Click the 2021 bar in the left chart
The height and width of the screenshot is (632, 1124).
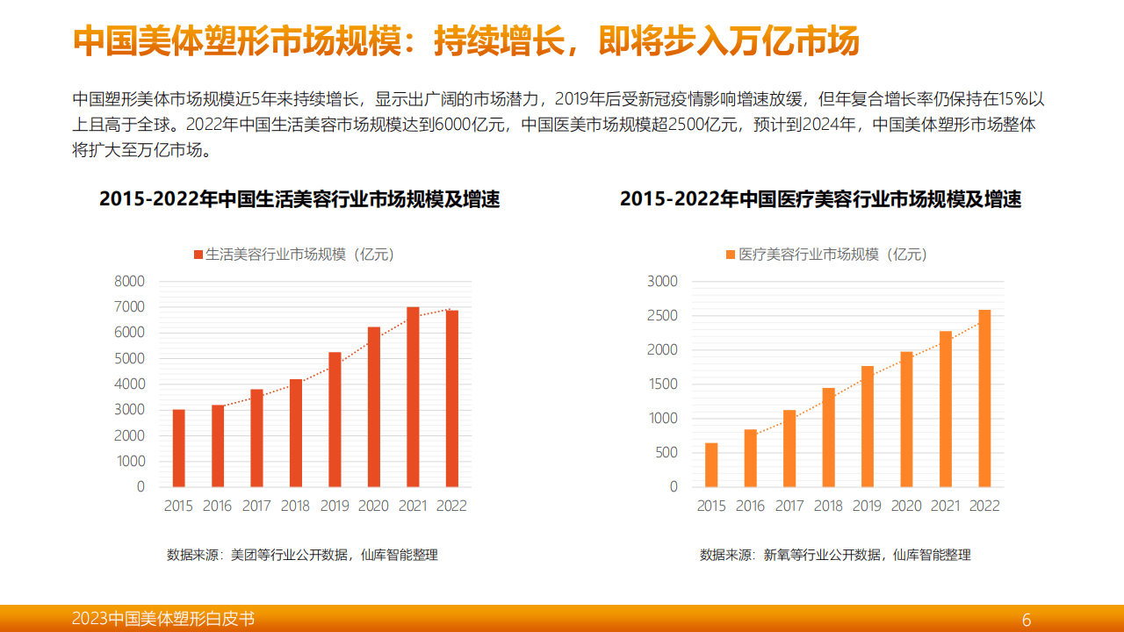413,397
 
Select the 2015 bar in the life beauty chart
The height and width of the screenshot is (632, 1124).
178,448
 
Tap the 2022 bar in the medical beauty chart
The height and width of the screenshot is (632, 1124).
984,398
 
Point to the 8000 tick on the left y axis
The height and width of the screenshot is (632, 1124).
129,282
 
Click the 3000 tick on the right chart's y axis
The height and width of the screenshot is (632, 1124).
662,282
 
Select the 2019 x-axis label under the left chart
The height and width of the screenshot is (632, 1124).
335,506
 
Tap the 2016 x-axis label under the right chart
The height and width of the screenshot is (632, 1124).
750,506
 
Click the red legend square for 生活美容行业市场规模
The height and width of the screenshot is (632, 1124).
198,255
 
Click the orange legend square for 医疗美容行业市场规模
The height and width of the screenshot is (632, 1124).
731,255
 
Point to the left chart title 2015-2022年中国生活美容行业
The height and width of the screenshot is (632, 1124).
299,199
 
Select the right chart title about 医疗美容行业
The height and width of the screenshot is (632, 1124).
820,199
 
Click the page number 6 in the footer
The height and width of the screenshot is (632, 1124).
1027,620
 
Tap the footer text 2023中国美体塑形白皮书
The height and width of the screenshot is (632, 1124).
163,619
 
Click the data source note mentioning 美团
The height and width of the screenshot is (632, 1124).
302,555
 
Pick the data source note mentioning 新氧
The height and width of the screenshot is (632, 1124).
835,555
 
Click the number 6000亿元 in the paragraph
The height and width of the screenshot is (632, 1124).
472,125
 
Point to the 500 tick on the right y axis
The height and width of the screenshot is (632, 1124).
667,452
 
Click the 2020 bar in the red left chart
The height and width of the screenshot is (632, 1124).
374,406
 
